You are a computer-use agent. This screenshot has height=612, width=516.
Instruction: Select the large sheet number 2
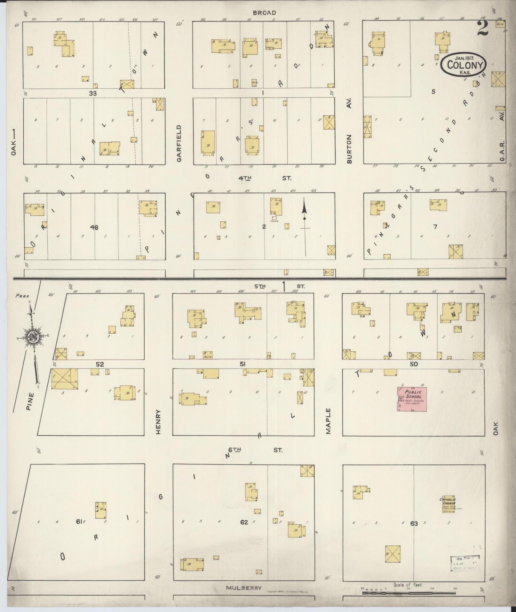click(483, 29)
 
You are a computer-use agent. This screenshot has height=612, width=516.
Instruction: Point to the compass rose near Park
click(32, 337)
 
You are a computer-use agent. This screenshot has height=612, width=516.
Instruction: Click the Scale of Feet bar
click(409, 593)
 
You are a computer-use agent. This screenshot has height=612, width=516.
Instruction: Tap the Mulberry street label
click(244, 588)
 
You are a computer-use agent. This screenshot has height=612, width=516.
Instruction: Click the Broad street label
click(264, 13)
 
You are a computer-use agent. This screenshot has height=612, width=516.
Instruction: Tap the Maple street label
click(328, 421)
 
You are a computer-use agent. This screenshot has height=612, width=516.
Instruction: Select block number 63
click(414, 523)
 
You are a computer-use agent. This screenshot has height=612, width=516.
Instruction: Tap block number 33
click(93, 93)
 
